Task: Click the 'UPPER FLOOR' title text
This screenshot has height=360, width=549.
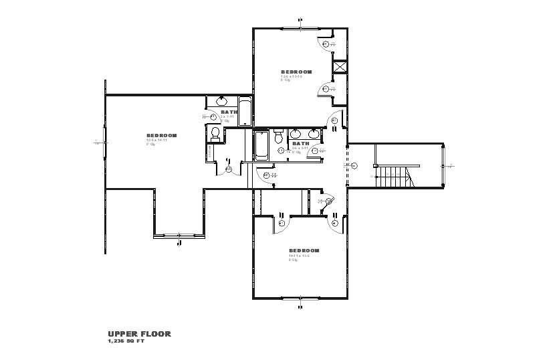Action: pyautogui.click(x=139, y=333)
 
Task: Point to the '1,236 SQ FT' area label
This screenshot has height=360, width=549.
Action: pyautogui.click(x=126, y=341)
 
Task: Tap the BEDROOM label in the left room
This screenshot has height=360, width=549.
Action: pyautogui.click(x=161, y=135)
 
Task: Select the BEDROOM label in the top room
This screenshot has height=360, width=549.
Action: pyautogui.click(x=296, y=72)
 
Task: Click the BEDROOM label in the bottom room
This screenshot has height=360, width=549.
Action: pyautogui.click(x=304, y=251)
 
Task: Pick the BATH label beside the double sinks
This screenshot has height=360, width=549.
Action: pyautogui.click(x=300, y=143)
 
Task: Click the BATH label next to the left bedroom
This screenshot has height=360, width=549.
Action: pyautogui.click(x=229, y=112)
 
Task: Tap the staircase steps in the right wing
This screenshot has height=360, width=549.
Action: pyautogui.click(x=392, y=178)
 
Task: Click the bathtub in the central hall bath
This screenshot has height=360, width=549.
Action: pyautogui.click(x=261, y=145)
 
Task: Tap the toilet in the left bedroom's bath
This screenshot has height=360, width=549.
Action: pyautogui.click(x=215, y=134)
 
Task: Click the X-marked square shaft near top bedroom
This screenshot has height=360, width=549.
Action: pyautogui.click(x=339, y=67)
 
